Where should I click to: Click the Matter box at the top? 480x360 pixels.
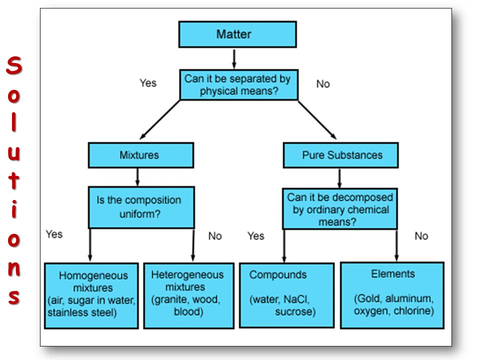tap(237, 34)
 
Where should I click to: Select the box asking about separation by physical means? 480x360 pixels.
tap(239, 85)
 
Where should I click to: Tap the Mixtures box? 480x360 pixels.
tap(141, 155)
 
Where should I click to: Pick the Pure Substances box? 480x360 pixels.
tap(340, 155)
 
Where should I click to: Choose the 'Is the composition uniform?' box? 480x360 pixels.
tap(141, 207)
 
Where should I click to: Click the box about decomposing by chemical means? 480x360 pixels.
tap(340, 209)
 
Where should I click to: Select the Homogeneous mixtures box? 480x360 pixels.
tap(91, 295)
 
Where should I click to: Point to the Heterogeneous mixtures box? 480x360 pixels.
tap(189, 295)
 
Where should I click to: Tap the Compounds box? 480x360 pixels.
tap(286, 295)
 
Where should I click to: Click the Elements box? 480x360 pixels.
tap(392, 295)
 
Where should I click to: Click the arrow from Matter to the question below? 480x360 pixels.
tap(234, 59)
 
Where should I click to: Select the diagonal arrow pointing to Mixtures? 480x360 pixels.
tap(160, 119)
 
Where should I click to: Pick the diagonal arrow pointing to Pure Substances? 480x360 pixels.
tap(317, 120)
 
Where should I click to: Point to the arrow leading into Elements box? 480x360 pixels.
tap(396, 245)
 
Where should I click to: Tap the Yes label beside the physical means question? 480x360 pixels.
tap(148, 83)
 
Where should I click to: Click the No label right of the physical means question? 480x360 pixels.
tap(323, 84)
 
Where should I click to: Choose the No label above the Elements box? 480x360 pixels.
tap(421, 236)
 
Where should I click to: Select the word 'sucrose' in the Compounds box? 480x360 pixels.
tap(293, 312)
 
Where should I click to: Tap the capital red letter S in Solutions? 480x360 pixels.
tap(14, 65)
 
